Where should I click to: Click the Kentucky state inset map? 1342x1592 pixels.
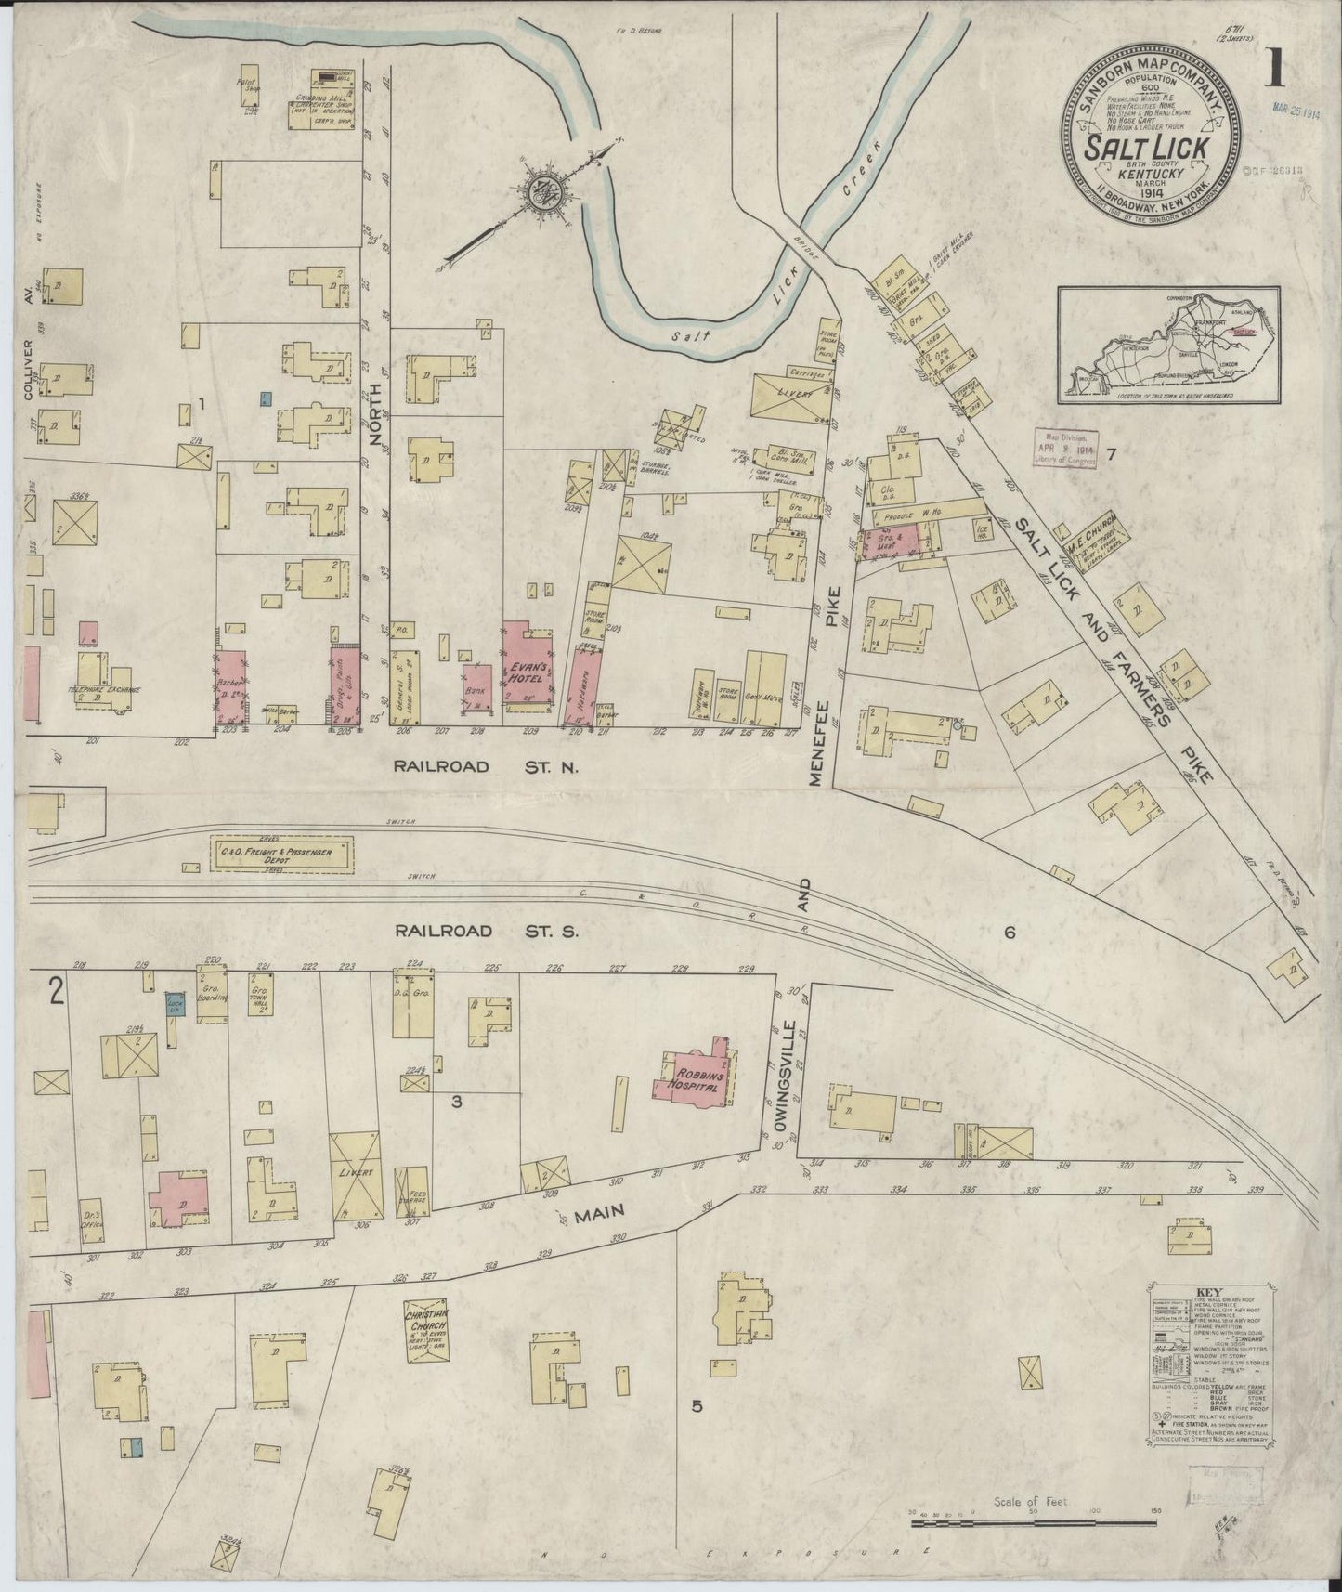tap(1168, 346)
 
